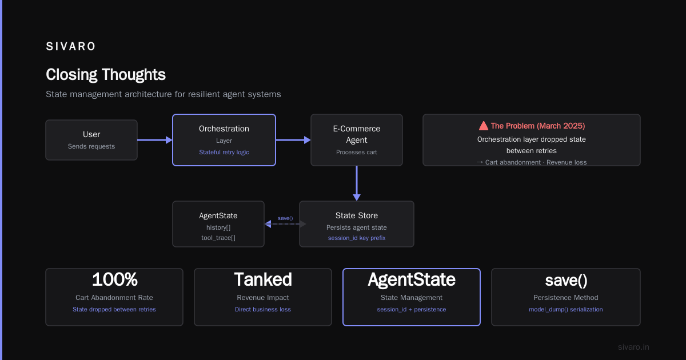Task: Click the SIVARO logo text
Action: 70,46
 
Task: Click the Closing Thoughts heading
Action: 106,75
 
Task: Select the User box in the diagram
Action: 91,140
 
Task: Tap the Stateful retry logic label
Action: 224,152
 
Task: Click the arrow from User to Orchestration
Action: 155,140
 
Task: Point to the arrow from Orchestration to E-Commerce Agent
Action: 293,140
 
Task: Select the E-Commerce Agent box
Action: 357,140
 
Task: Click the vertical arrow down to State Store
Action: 357,183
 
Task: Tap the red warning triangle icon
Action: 483,126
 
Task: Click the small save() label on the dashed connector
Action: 285,218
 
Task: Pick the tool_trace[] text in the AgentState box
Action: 218,238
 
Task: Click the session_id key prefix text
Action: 357,238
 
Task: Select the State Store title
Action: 357,215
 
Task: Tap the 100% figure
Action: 114,279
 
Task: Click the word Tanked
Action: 263,279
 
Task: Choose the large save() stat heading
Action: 566,280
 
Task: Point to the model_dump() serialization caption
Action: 565,310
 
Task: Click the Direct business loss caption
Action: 263,310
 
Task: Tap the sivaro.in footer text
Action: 633,347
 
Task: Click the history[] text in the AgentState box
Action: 218,227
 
